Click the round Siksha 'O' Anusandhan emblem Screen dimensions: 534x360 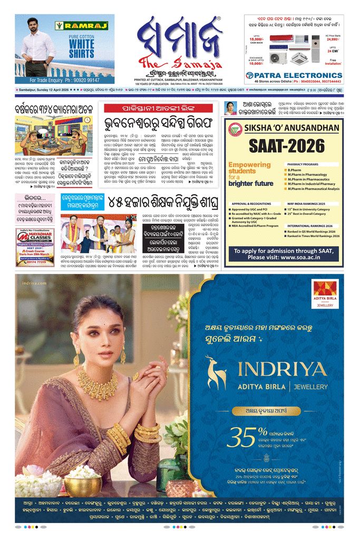(x=235, y=127)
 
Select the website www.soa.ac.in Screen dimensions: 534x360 (x=306, y=258)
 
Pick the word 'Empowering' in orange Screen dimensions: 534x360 (x=245, y=165)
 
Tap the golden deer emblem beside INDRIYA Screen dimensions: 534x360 (x=217, y=372)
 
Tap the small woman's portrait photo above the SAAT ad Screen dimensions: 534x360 (x=230, y=108)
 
